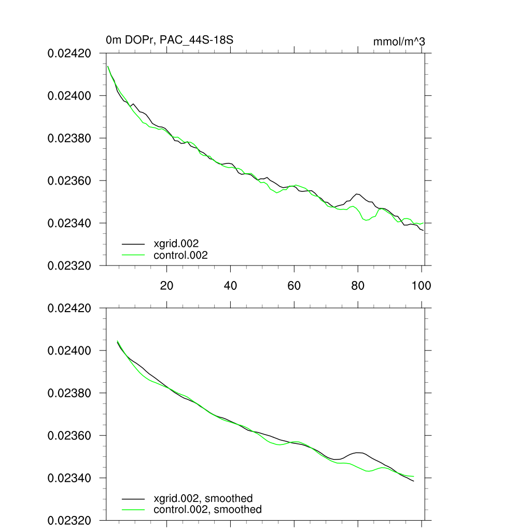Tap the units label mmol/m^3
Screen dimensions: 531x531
click(x=399, y=41)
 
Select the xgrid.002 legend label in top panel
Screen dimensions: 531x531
click(x=176, y=243)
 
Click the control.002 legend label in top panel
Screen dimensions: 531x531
click(x=181, y=255)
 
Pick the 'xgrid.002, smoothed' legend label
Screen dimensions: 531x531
click(x=203, y=499)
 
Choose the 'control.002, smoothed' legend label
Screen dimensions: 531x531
click(x=207, y=510)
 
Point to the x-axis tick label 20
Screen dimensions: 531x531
click(x=166, y=286)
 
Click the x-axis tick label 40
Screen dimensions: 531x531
click(x=230, y=286)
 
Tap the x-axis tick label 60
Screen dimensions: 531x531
click(x=294, y=286)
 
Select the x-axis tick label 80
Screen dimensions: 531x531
click(x=358, y=286)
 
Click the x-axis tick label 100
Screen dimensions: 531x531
click(x=421, y=286)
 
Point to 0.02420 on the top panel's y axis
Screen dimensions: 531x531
click(x=69, y=53)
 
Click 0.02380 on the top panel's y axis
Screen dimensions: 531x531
click(x=69, y=138)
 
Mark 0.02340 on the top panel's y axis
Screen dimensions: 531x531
click(x=69, y=223)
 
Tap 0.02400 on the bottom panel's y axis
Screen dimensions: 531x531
click(x=69, y=351)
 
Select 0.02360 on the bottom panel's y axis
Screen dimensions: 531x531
click(x=69, y=436)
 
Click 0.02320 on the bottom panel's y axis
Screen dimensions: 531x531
click(x=69, y=520)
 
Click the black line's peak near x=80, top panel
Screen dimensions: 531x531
click(x=357, y=194)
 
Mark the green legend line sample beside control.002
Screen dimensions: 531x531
click(x=133, y=255)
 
